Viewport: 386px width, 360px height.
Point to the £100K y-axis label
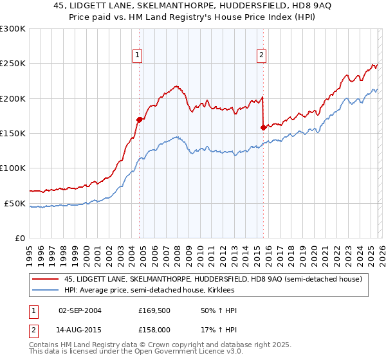[13, 168]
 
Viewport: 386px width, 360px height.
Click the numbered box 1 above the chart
[138, 56]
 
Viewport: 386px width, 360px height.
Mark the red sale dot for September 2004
[139, 119]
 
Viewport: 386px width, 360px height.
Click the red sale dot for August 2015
[263, 127]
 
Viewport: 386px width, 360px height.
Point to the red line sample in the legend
[46, 279]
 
